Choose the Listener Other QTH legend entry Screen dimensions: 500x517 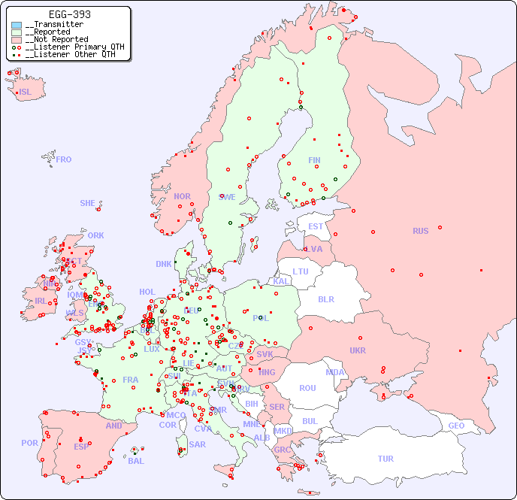[67, 55]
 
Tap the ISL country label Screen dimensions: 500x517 [26, 92]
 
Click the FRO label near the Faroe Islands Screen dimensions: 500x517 [64, 159]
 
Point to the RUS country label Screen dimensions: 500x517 [420, 231]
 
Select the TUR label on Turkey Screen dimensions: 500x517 [385, 459]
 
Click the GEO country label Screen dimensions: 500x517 [456, 426]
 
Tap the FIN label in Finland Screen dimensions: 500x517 [314, 160]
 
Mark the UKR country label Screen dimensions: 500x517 [357, 350]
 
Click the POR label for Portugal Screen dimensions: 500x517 [29, 443]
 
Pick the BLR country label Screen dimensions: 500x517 [325, 298]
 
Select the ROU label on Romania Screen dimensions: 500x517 [307, 388]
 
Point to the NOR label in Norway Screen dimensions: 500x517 [182, 196]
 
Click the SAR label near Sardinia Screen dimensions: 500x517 [198, 444]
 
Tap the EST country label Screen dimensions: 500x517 [316, 226]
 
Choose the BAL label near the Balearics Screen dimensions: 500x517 [135, 461]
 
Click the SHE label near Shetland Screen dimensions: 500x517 [88, 203]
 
